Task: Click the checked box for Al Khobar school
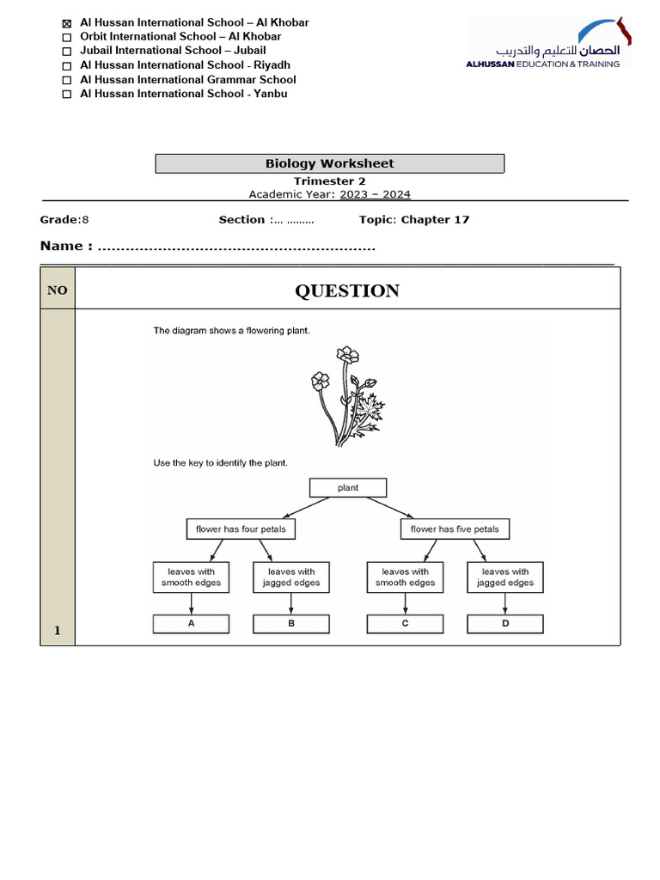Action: (67, 23)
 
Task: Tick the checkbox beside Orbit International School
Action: (67, 38)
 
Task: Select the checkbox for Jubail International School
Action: (67, 52)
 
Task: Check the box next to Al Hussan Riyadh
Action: (67, 66)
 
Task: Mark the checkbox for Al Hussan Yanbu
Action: (67, 95)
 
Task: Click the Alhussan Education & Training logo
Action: (548, 43)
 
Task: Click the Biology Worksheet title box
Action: (329, 163)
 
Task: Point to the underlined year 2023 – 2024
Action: (375, 194)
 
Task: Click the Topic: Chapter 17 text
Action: (414, 220)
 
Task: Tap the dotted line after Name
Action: (236, 247)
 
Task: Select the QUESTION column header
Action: (347, 290)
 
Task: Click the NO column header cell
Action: (58, 290)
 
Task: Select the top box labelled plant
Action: (348, 487)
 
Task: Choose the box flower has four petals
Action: (241, 529)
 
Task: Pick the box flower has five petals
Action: (455, 529)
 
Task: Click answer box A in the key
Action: (191, 624)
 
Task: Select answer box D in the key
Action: (505, 624)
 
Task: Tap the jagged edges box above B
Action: (291, 577)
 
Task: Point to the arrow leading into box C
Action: (405, 603)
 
